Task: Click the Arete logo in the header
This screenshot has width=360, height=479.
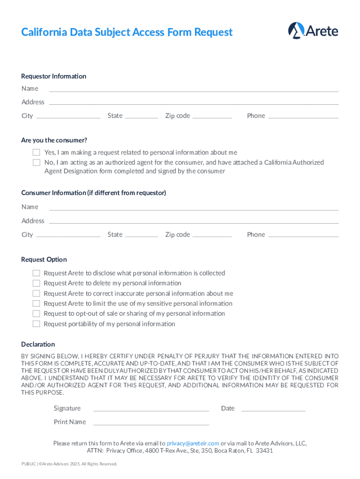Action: pos(313,31)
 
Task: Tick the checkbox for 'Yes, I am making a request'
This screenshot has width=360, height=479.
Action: pos(36,152)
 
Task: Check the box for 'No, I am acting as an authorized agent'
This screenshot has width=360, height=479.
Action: pos(36,163)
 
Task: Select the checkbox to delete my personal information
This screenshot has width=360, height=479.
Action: pos(36,283)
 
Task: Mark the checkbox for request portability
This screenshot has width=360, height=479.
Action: pos(36,324)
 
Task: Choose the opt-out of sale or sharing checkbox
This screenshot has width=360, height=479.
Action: pos(36,313)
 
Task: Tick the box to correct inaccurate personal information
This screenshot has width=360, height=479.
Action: pos(36,293)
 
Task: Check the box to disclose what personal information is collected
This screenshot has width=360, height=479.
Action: pos(36,273)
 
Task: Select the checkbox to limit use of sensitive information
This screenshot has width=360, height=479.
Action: pos(36,304)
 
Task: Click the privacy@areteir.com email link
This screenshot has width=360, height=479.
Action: pos(193,443)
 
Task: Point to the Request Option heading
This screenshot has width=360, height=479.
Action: pos(44,260)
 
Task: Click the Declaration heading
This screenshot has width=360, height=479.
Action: pos(38,344)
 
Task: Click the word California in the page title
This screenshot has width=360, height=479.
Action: pos(44,32)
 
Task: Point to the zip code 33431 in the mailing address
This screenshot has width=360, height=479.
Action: pos(264,451)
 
